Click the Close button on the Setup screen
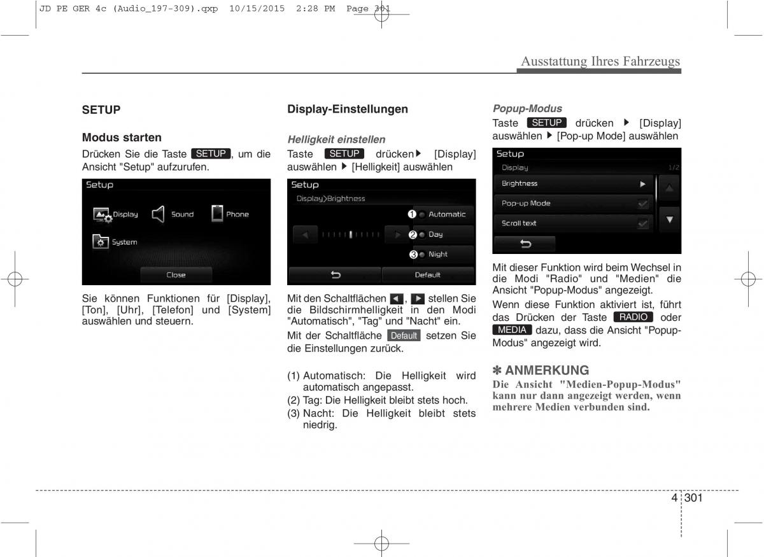[176, 275]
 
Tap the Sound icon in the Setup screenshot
[159, 215]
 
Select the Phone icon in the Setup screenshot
[218, 214]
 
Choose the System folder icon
[101, 242]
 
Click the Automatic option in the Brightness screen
[443, 215]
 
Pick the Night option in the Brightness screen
[443, 255]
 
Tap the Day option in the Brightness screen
[443, 234]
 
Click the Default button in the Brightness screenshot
[427, 275]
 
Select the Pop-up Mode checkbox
[643, 204]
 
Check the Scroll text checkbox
[643, 223]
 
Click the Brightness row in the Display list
[573, 184]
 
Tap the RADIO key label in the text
[633, 317]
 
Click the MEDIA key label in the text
[513, 330]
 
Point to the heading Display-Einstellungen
[348, 109]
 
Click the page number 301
[694, 498]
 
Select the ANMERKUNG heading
[546, 370]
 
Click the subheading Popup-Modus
[527, 109]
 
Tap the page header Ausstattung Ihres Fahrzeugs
[600, 62]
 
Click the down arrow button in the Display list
[669, 220]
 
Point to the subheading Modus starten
[122, 137]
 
